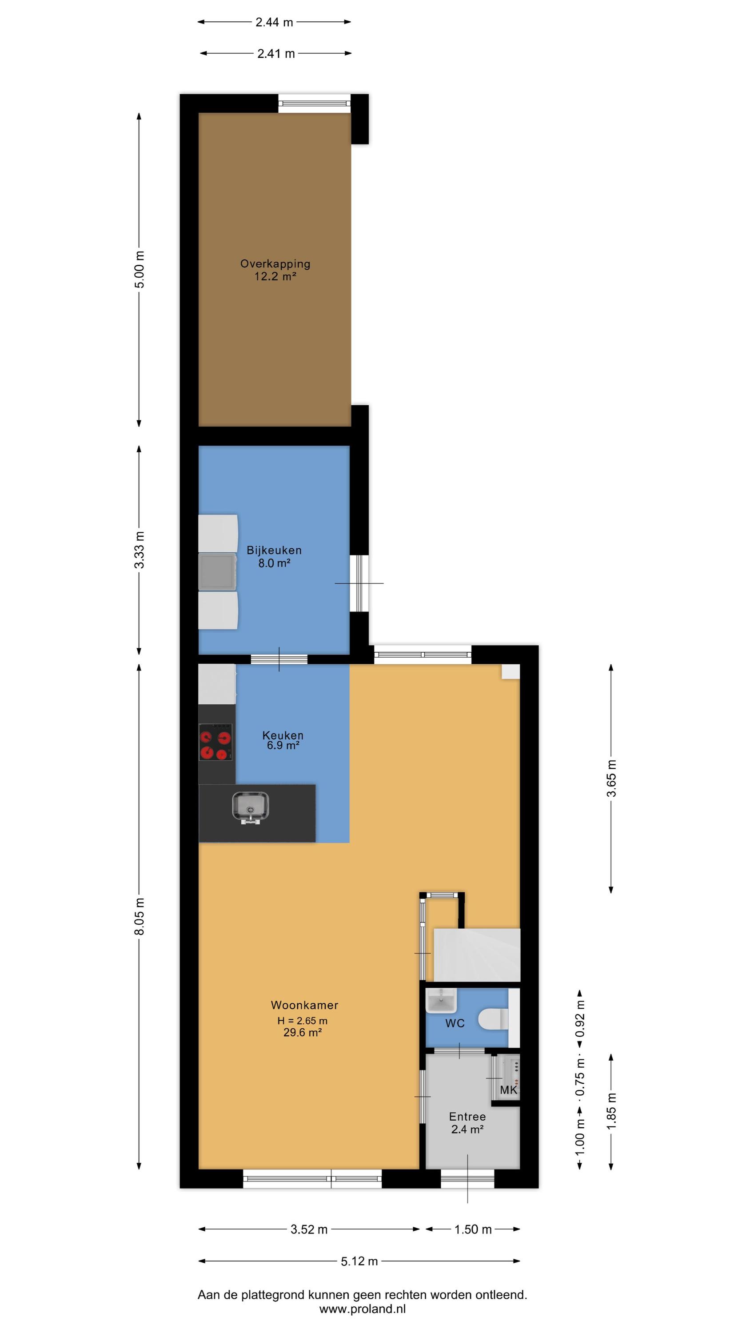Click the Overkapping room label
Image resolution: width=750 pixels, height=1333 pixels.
[275, 264]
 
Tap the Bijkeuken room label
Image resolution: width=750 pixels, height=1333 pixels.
[274, 550]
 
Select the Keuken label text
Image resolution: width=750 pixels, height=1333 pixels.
[283, 735]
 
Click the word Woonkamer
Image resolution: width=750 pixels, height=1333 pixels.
[304, 1005]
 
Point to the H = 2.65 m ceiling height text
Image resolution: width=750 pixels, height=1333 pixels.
[302, 1021]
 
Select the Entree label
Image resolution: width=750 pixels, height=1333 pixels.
[467, 1116]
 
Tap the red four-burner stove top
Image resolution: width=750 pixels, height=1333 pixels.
[216, 742]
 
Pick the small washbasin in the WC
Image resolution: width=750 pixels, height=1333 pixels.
[440, 1001]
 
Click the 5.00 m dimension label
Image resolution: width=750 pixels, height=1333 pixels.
[139, 270]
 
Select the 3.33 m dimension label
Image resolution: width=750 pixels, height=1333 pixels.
[139, 550]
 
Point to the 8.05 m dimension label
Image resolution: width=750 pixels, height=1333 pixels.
[139, 916]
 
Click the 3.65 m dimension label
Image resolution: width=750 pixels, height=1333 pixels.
[611, 778]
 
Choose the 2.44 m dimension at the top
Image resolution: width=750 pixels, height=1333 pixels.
[274, 22]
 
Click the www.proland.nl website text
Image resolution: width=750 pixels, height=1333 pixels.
[362, 1309]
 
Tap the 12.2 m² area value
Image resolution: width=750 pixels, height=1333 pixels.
[275, 276]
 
